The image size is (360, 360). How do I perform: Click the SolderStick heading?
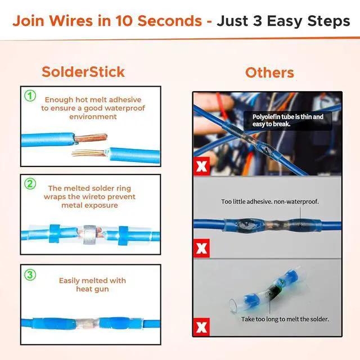click(x=83, y=72)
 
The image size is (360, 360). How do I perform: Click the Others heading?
click(x=269, y=73)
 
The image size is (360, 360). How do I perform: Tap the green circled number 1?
click(x=30, y=96)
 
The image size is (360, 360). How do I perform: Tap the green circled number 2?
click(x=30, y=183)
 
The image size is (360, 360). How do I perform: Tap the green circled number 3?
click(x=30, y=275)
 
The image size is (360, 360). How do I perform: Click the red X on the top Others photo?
click(x=201, y=166)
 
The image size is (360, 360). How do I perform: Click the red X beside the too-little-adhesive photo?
click(x=201, y=247)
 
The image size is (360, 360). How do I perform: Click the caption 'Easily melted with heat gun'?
click(x=92, y=285)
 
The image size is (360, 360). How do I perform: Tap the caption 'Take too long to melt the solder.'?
click(x=285, y=319)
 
